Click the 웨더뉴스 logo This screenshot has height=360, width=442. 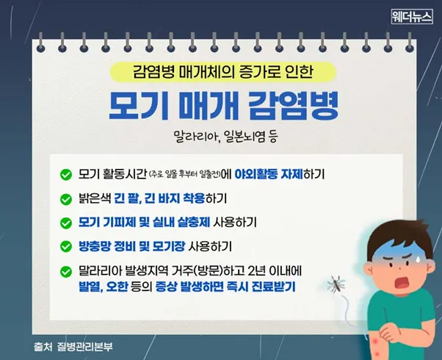[x=412, y=17]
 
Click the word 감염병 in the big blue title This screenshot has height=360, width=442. [x=294, y=105]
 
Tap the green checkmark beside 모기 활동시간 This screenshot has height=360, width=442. [x=66, y=175]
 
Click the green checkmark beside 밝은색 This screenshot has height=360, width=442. [x=66, y=199]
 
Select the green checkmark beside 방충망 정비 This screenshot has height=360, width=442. [x=66, y=247]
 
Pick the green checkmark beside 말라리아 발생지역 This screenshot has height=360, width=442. [x=66, y=272]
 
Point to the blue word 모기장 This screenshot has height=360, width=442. [x=169, y=246]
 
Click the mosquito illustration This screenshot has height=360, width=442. [x=336, y=284]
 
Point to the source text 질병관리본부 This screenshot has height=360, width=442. [x=84, y=347]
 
